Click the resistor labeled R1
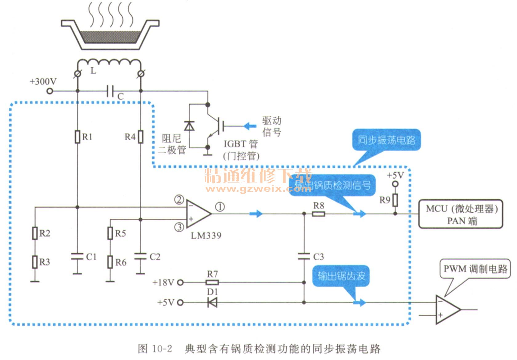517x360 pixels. coord(78,137)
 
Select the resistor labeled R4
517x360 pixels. coord(140,137)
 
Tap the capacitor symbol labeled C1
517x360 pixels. coord(77,257)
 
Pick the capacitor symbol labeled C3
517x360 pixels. coord(304,256)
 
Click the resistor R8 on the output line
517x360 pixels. coord(318,214)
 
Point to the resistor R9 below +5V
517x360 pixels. coord(395,200)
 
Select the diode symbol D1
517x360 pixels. coord(212,302)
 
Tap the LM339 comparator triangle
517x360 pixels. coord(198,214)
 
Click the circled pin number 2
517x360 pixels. coord(179,200)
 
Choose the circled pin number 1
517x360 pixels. coord(220,207)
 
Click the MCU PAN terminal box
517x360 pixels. coord(460,214)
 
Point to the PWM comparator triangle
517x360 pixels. coord(447,309)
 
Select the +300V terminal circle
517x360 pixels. coord(50,91)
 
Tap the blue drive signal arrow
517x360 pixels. coord(250,126)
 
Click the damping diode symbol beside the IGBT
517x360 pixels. coord(189,126)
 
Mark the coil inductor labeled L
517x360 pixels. coord(109,64)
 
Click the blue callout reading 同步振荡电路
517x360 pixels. coord(386,140)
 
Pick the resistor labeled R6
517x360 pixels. coord(110,262)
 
